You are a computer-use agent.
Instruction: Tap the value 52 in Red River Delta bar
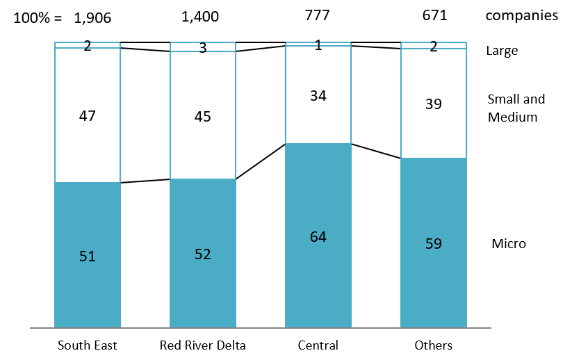[203, 254]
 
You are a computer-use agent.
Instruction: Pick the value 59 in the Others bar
[434, 244]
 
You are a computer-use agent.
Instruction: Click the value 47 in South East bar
[88, 115]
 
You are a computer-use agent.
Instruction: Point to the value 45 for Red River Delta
[203, 115]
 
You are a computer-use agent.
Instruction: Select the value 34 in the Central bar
[318, 95]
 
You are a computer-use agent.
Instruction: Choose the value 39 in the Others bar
[434, 104]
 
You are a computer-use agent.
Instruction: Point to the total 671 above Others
[434, 15]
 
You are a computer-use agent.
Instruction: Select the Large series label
[502, 51]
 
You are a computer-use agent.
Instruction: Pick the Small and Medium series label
[516, 108]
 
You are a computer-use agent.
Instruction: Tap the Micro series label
[509, 244]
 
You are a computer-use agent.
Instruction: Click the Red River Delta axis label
[202, 345]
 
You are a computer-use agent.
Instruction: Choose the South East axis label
[88, 345]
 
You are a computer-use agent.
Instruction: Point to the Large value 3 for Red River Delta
[203, 48]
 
